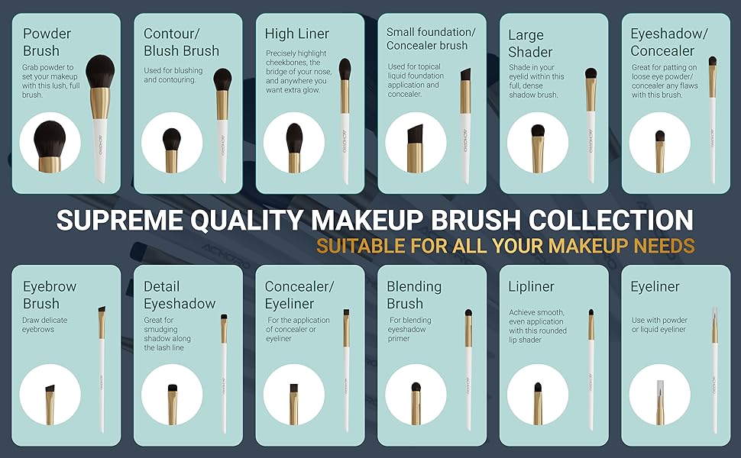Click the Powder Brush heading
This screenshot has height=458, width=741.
coord(47,42)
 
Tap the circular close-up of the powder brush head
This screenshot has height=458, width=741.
coord(50,143)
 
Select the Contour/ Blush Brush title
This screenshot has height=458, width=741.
coord(181,42)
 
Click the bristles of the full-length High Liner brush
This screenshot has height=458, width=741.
coord(345,69)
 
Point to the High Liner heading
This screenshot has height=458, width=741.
coord(297,34)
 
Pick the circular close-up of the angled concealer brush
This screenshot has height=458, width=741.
coord(416,143)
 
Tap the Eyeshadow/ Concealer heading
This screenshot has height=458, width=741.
coord(662,42)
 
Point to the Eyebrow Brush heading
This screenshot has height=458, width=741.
coord(50,295)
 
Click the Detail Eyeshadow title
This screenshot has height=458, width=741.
coord(180,295)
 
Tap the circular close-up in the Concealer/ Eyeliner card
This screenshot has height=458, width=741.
coord(294,395)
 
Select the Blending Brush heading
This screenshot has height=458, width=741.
coord(414,295)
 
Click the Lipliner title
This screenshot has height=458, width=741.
coord(531,286)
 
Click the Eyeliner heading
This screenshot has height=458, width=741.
coord(655,286)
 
